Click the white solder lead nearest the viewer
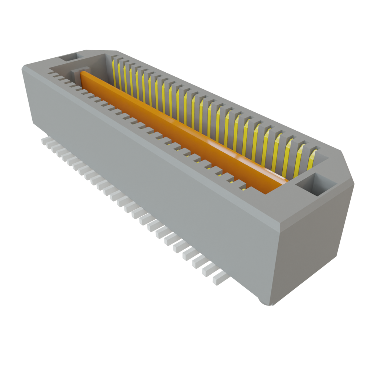coord(219,278)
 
